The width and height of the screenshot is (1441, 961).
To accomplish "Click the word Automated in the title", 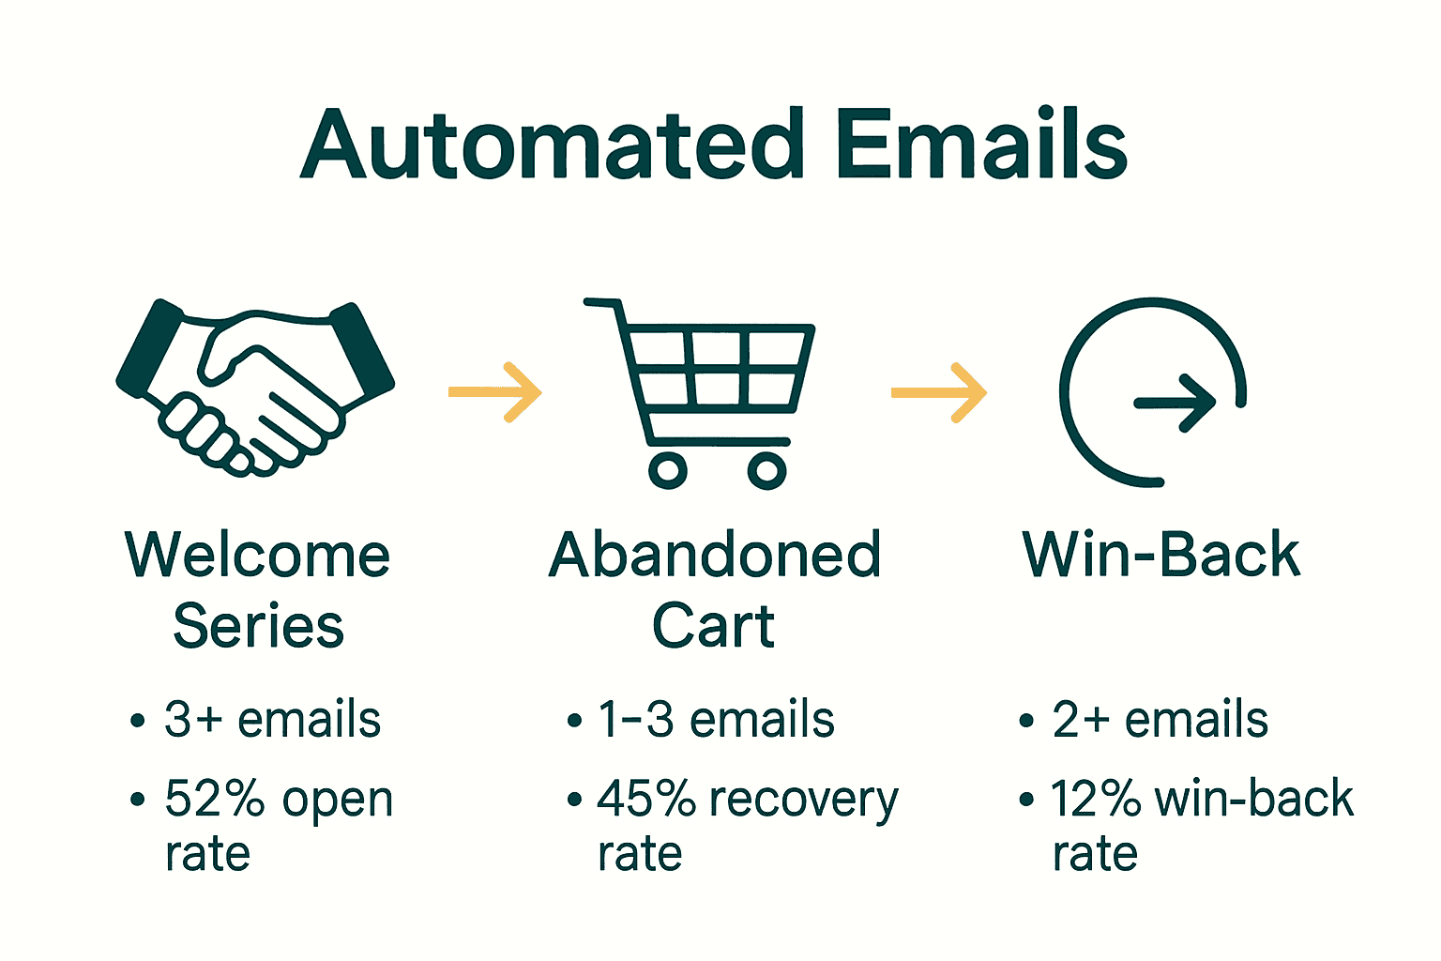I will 553,145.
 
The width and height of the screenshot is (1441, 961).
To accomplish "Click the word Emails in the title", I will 980,145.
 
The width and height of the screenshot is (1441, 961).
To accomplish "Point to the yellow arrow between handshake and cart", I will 495,391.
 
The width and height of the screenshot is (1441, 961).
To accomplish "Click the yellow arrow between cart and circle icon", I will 938,391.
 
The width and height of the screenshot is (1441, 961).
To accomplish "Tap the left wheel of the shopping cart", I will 668,469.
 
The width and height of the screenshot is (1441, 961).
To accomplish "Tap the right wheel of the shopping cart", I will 766,469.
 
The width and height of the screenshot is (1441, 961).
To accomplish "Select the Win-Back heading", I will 1160,555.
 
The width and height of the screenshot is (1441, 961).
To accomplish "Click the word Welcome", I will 258,555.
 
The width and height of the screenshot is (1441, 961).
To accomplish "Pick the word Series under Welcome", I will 258,626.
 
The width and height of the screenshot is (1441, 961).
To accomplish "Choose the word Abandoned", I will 715,555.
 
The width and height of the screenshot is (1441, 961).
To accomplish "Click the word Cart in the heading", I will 713,626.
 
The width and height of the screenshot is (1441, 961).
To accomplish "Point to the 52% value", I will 215,800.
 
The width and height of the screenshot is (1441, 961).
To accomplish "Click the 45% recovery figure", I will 646,800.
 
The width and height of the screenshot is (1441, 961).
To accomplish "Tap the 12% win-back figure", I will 1095,800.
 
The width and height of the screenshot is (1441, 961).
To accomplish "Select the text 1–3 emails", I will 716,720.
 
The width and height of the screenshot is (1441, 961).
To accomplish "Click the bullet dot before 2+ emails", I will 1026,721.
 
